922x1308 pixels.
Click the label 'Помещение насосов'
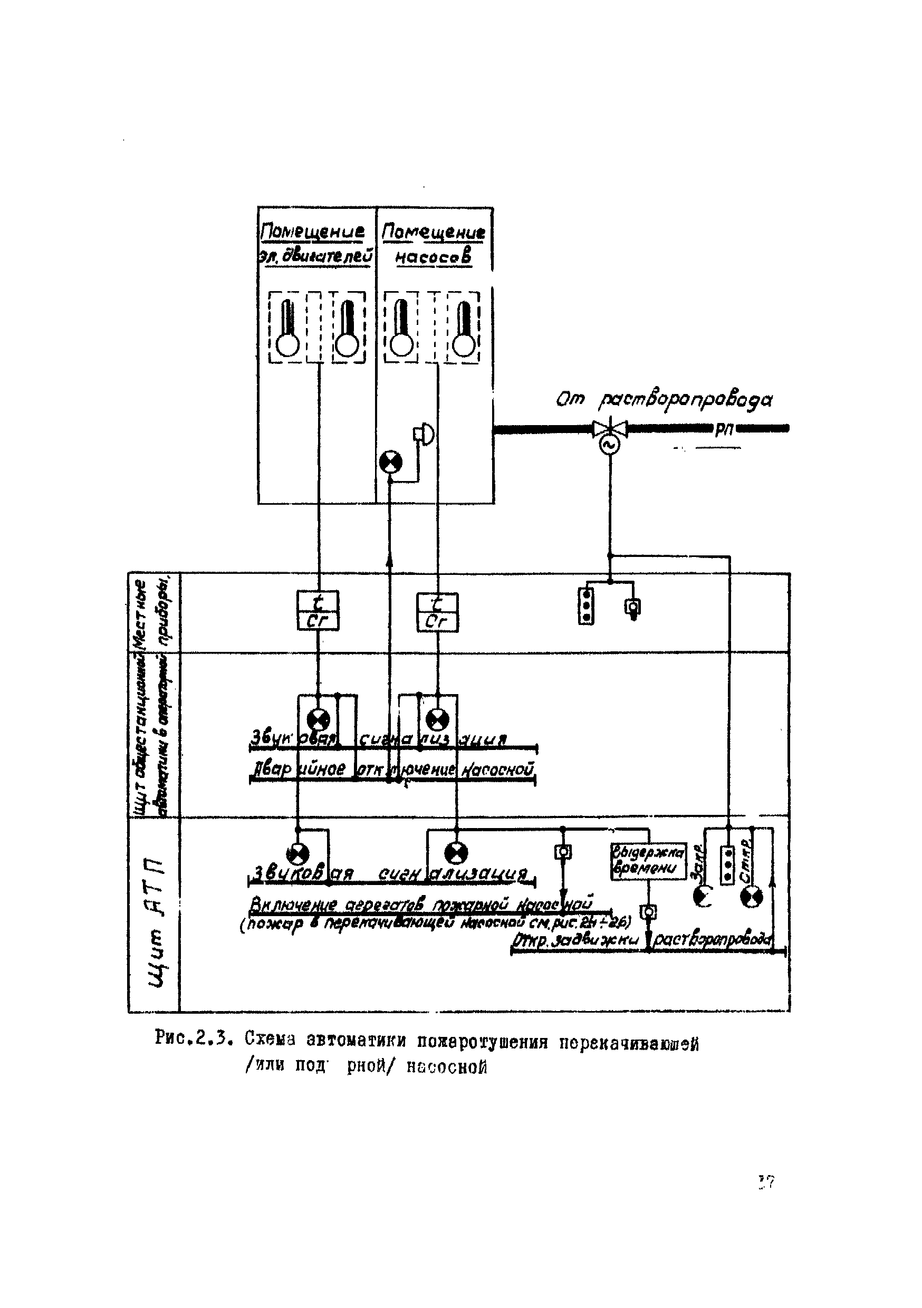(434, 244)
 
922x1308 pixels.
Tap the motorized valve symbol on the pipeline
(609, 429)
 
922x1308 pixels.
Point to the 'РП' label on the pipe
(724, 430)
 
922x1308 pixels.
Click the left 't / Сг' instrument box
(318, 610)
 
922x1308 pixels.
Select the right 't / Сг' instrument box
(437, 612)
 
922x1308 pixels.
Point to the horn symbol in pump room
(424, 435)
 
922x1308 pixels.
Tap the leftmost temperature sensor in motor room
(288, 328)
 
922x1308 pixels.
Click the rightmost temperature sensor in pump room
(463, 328)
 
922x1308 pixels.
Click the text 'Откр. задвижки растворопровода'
(643, 940)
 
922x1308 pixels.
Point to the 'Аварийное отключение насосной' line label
(393, 769)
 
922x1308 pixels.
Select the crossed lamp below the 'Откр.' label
(751, 898)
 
